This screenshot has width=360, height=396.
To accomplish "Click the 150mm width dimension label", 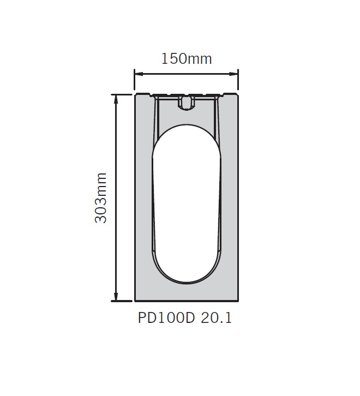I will tap(186, 58).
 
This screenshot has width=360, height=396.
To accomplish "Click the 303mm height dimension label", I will tap(101, 197).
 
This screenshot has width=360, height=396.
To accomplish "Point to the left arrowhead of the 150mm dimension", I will tap(137, 74).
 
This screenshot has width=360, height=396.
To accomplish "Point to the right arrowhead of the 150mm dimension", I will tap(235, 74).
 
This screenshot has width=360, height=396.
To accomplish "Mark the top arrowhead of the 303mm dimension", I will tap(116, 98).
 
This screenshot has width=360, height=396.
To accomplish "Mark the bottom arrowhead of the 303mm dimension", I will tap(116, 297).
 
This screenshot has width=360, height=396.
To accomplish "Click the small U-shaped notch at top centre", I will tap(186, 103).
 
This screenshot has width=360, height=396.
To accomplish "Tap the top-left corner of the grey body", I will tap(135, 95).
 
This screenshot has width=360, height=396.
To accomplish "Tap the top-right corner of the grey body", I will tap(238, 95).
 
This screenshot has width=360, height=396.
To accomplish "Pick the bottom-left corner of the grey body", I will tap(135, 300).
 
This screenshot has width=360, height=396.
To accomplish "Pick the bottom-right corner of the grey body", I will tap(238, 300).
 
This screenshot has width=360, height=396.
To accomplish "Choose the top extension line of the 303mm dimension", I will tap(122, 94).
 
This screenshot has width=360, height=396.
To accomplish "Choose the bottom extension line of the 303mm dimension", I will tap(122, 301).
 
